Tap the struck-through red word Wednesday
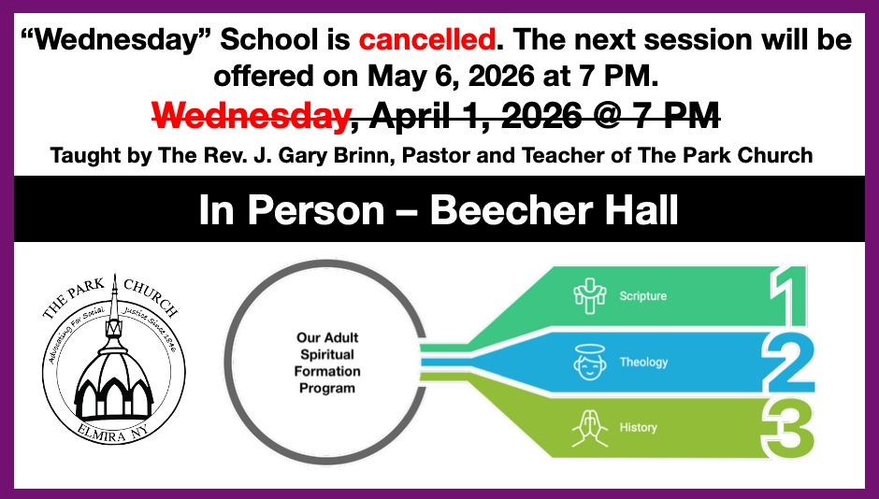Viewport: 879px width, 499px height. [x=250, y=115]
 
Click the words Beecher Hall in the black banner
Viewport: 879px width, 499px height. [x=555, y=210]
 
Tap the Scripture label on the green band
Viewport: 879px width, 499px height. [x=643, y=296]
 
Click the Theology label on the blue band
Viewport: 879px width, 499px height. [x=643, y=362]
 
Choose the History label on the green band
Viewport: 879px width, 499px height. [x=639, y=428]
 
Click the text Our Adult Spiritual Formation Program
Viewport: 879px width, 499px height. [x=328, y=363]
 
